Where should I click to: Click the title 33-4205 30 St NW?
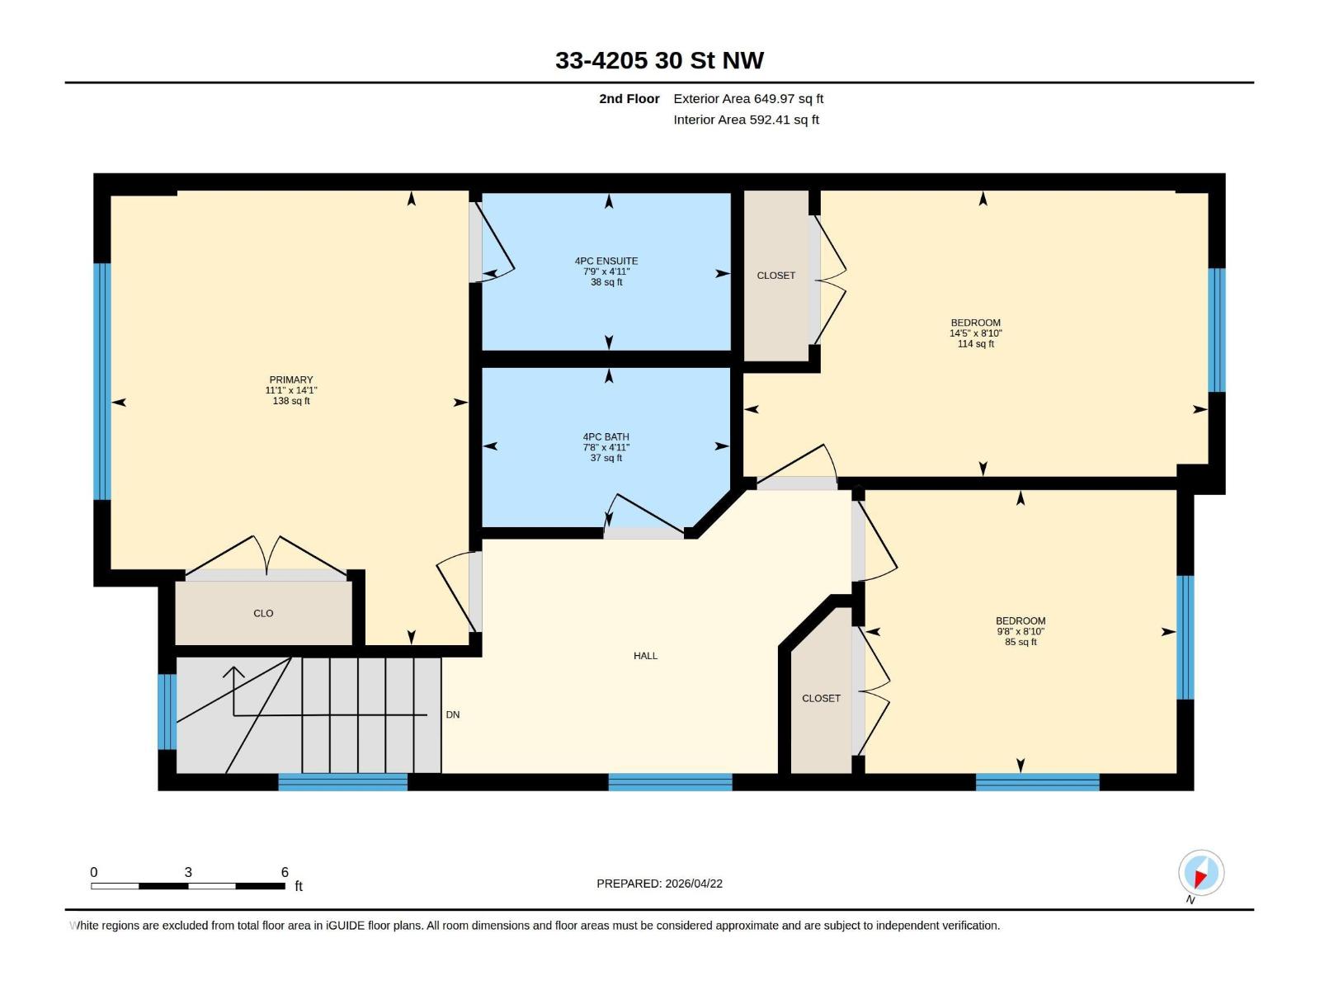[x=659, y=60]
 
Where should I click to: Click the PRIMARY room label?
[x=291, y=380]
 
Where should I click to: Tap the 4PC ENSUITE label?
[x=606, y=261]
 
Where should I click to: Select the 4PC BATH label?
[x=606, y=437]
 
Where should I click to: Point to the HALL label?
[x=645, y=656]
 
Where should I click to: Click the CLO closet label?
[x=263, y=613]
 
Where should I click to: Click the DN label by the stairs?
[x=453, y=714]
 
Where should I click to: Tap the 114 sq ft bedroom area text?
[x=975, y=344]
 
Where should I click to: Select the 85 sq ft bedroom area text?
[x=1021, y=642]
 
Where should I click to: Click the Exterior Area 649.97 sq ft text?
[x=748, y=99]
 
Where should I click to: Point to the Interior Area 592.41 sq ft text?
[x=746, y=120]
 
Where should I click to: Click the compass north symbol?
[x=1201, y=873]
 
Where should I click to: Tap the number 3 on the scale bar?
[x=188, y=872]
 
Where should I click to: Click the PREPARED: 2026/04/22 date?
[x=659, y=884]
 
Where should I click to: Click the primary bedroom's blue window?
[x=101, y=381]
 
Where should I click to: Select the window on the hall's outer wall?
[x=670, y=781]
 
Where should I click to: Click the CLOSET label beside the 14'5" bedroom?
[x=775, y=276]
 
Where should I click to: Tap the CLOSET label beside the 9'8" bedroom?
[x=821, y=698]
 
